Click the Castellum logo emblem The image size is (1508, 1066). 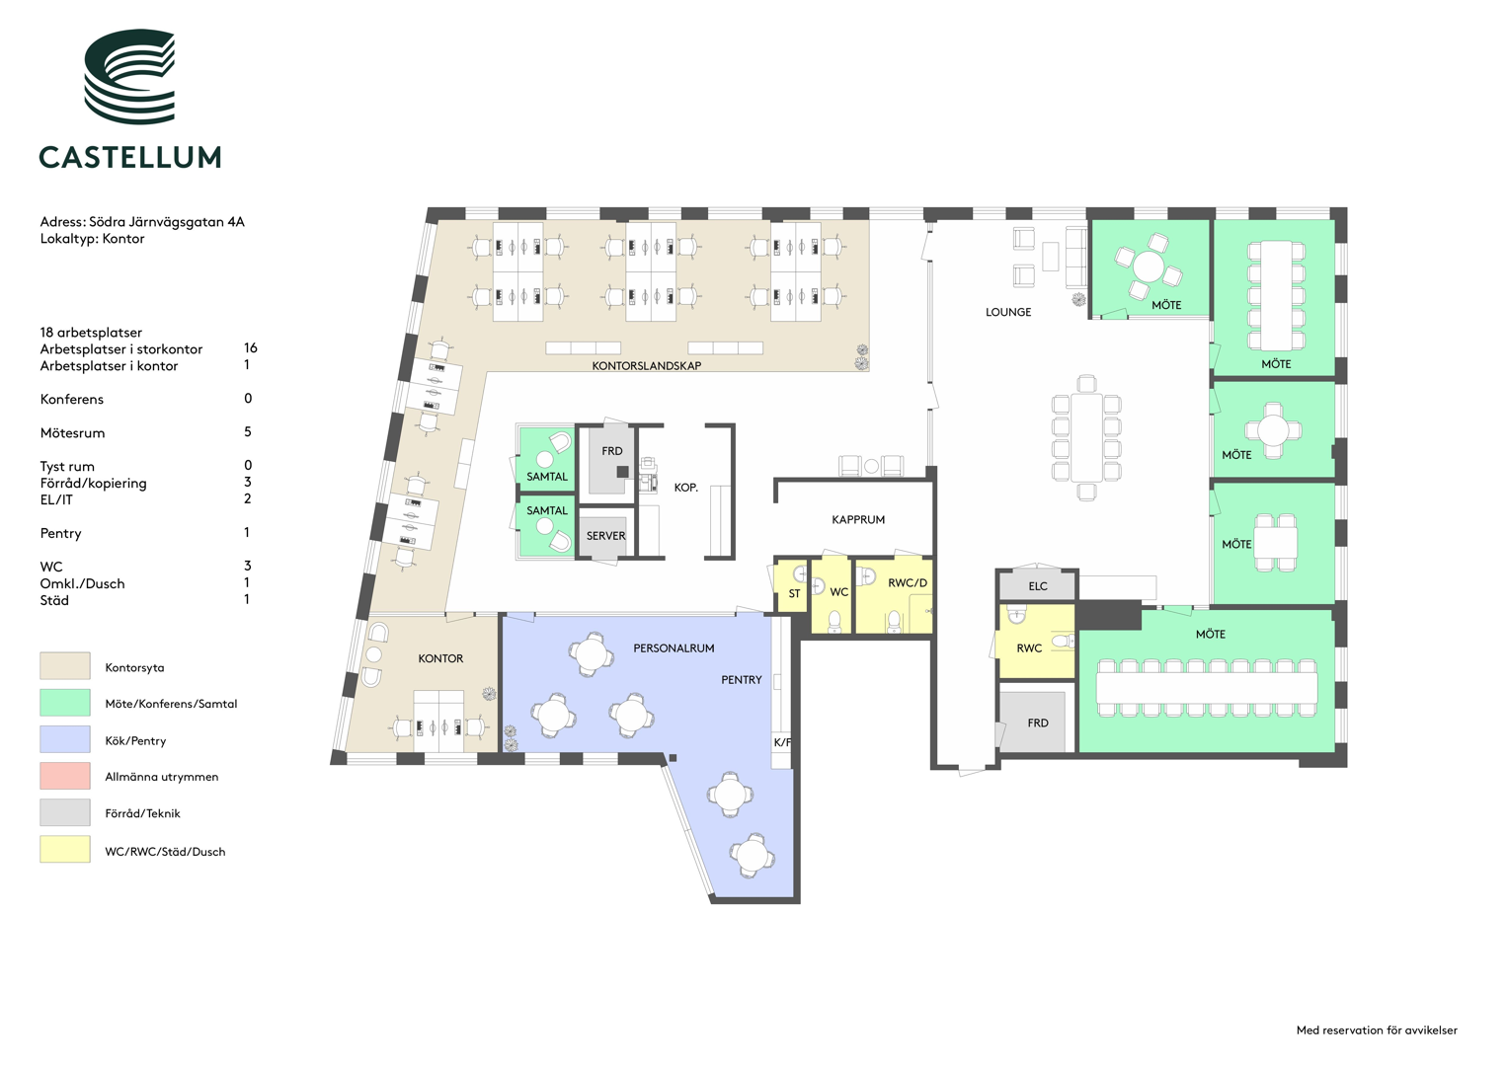pos(129,76)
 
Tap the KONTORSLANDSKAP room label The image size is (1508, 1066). pos(646,366)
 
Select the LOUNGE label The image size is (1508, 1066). pos(1007,312)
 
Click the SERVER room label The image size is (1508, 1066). pos(606,536)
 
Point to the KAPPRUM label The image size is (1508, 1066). pos(857,519)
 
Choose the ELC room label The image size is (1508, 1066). pos(1037,586)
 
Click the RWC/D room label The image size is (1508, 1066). pos(907,582)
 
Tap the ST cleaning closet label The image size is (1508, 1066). pos(794,593)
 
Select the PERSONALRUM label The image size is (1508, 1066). pos(674,648)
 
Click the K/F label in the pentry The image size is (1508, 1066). pos(782,742)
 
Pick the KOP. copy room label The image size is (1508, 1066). pos(686,488)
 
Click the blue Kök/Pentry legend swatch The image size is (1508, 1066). pos(64,739)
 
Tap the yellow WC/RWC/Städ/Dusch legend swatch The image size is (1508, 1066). pos(64,849)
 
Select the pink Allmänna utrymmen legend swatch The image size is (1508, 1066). pos(64,775)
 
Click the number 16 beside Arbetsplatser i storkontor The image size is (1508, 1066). pos(251,347)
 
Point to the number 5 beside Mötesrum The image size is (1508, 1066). pos(248,431)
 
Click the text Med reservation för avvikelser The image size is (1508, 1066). pos(1377,1030)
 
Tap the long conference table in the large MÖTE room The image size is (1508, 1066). pos(1207,688)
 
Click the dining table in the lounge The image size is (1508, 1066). pos(1086,437)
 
